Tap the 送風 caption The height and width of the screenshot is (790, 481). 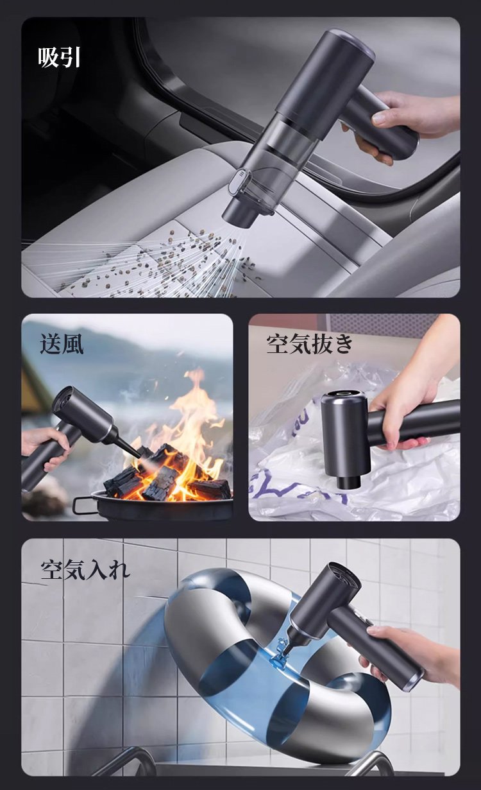(x=62, y=344)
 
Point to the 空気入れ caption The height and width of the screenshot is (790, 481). (x=85, y=569)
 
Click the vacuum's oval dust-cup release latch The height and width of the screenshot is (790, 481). (x=240, y=182)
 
